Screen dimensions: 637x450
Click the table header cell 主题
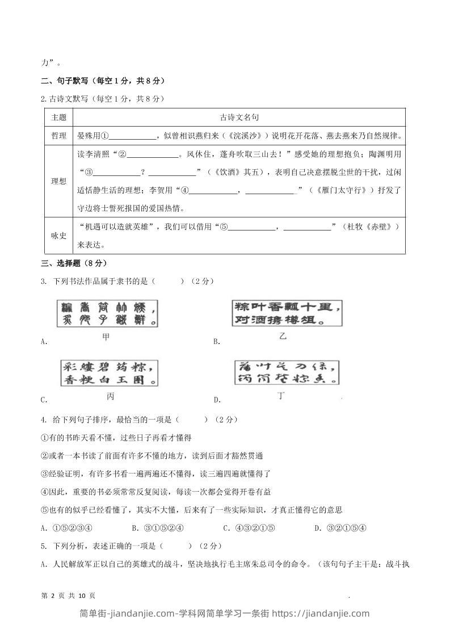[58, 118]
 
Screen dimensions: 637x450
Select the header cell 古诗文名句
[239, 118]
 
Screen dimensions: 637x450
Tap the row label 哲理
[58, 136]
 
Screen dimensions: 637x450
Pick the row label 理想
[58, 181]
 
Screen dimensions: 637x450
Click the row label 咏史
[58, 236]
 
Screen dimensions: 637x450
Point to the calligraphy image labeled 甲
[106, 313]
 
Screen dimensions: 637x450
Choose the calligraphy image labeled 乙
[287, 313]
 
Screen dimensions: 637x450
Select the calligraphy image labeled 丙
[109, 372]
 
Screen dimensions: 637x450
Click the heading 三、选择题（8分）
[74, 263]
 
